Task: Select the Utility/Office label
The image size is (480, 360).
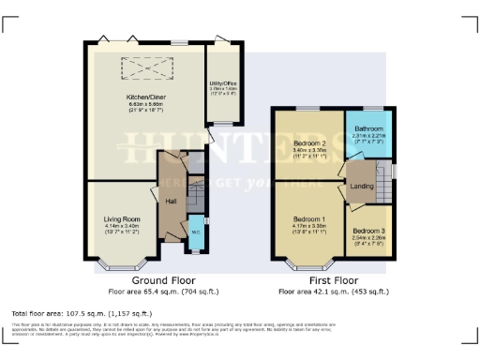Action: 223,83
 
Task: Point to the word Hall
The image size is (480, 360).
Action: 172,202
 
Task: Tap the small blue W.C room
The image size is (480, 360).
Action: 195,233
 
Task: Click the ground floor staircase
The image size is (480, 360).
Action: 194,196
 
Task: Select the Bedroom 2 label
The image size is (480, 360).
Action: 308,142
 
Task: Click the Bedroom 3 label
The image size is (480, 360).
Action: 368,231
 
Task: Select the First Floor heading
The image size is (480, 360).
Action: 335,280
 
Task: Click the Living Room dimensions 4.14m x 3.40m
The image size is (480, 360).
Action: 122,226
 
